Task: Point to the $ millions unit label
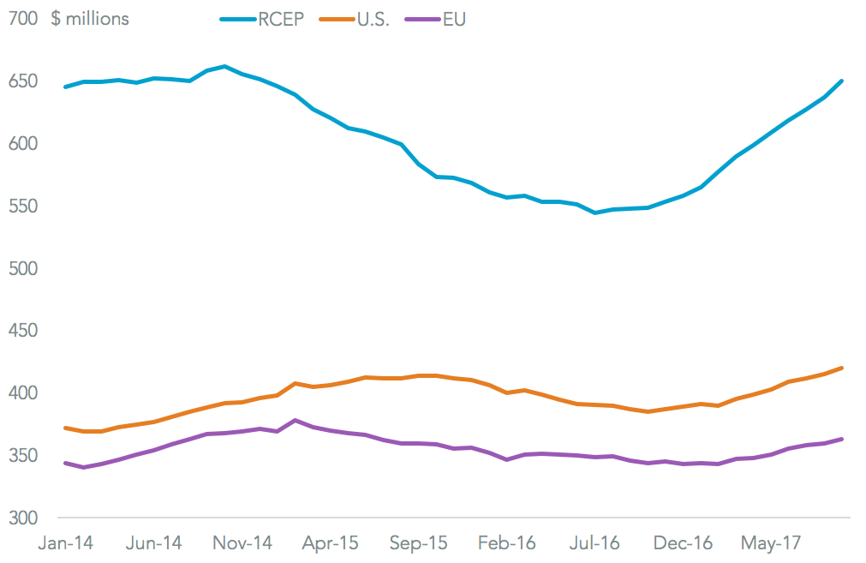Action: tap(90, 19)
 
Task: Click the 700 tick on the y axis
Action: tap(22, 19)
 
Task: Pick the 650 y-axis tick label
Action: tap(22, 81)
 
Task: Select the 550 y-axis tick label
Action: tap(22, 207)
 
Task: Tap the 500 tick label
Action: tap(22, 269)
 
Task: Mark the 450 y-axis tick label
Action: tap(22, 332)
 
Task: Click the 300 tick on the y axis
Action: tap(22, 518)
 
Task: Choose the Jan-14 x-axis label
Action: tap(66, 543)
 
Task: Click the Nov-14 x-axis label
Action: tap(242, 543)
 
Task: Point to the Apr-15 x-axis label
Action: tap(330, 543)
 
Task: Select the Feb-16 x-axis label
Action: tap(506, 543)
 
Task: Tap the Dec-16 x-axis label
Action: tap(682, 543)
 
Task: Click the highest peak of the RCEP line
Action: tap(224, 66)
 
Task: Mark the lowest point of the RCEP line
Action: tap(595, 213)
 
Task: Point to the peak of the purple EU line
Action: tap(295, 420)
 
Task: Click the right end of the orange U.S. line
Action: tap(842, 368)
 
